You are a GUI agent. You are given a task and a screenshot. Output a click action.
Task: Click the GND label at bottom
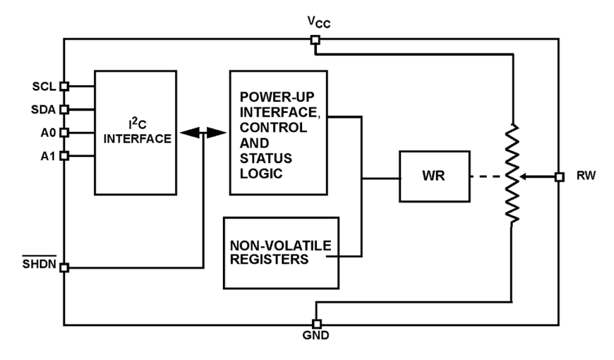pyautogui.click(x=317, y=337)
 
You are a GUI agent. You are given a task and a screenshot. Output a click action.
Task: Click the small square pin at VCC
pyautogui.click(x=316, y=40)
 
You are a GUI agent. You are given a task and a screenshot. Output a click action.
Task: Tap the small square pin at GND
pyautogui.click(x=317, y=324)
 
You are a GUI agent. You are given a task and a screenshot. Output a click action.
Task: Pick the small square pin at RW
pyautogui.click(x=559, y=177)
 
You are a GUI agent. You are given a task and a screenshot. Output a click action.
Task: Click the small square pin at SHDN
pyautogui.click(x=64, y=268)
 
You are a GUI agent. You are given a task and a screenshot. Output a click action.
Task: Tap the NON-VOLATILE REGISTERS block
pyautogui.click(x=281, y=253)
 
